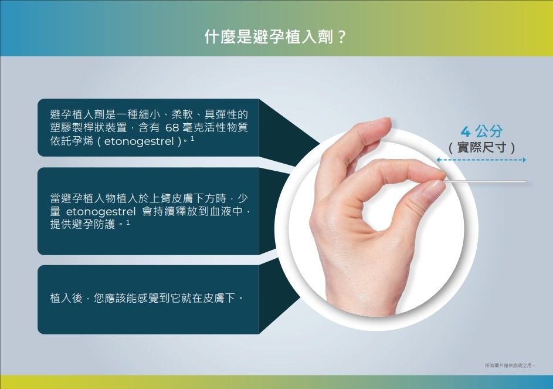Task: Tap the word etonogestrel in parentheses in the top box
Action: tap(139, 141)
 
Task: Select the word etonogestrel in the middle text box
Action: tap(100, 211)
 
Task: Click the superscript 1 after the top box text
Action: tap(192, 138)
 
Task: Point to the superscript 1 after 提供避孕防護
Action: tap(128, 222)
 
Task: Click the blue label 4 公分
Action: tap(481, 131)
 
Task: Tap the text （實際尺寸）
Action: tap(481, 147)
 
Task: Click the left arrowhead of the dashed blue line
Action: tap(439, 160)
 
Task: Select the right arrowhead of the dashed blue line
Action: tap(524, 160)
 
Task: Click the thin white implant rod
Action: tap(485, 181)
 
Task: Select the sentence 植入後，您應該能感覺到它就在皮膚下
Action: tap(147, 298)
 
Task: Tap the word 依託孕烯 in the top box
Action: tap(72, 141)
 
